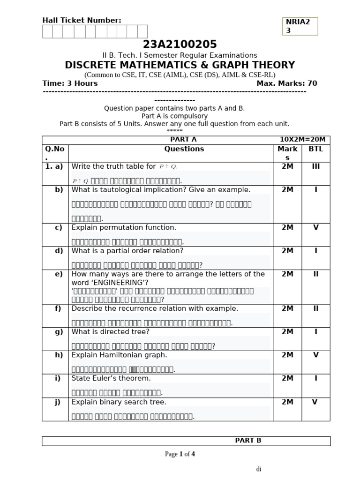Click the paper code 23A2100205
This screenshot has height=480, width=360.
(180, 45)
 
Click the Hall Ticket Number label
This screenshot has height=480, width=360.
(82, 20)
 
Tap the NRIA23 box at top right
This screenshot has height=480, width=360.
(300, 26)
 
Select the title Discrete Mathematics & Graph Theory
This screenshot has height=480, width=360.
(180, 65)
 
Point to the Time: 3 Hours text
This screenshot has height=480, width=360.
(70, 83)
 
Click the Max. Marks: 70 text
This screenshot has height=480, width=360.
(286, 83)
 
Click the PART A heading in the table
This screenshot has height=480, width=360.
(183, 140)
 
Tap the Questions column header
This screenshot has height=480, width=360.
(184, 149)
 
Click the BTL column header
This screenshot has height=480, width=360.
(315, 149)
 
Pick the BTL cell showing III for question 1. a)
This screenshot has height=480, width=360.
(315, 166)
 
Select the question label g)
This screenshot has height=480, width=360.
(59, 332)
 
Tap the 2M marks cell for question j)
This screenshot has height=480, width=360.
(287, 402)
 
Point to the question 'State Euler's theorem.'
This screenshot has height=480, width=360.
(111, 378)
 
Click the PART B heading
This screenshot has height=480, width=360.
(248, 441)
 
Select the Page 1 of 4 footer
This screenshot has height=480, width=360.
(180, 454)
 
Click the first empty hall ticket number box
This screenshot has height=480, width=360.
(47, 31)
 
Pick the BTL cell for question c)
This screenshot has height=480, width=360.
(315, 227)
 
